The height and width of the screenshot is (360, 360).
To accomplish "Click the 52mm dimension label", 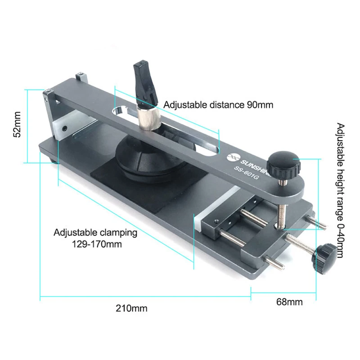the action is tap(17, 125).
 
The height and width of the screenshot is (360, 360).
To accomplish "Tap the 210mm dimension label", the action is tap(131, 308).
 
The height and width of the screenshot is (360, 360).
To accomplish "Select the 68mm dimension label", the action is tap(289, 302).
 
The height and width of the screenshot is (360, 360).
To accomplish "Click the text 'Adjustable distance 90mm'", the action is tap(218, 105).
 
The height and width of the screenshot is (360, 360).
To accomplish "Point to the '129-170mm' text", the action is tap(97, 244).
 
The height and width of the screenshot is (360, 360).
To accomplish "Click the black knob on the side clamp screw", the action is tap(324, 258).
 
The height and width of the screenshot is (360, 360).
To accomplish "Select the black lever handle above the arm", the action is tap(145, 82).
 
